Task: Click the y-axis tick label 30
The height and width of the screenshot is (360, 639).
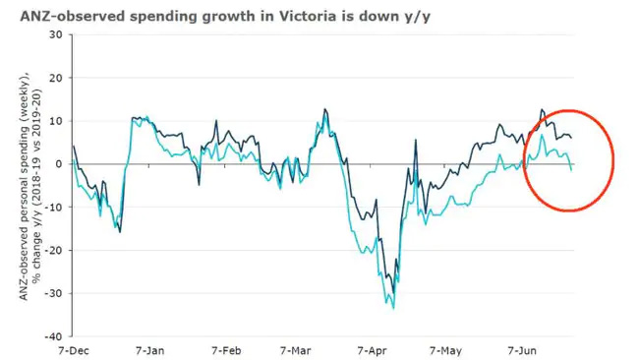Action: (55, 34)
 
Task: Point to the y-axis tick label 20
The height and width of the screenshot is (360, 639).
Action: (55, 78)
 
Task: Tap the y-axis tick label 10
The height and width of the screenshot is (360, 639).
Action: (55, 121)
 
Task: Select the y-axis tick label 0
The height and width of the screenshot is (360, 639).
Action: (58, 164)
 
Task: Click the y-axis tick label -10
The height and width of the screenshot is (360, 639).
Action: (53, 207)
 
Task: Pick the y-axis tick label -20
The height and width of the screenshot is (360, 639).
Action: (53, 250)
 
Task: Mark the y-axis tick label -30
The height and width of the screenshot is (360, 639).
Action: (53, 293)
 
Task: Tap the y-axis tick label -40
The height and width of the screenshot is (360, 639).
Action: (53, 335)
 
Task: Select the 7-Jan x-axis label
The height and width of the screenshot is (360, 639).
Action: (147, 350)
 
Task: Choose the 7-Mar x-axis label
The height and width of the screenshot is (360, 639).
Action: (296, 350)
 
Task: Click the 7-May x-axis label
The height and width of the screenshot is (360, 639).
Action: (445, 350)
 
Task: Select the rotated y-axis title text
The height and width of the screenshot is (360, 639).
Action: (31, 186)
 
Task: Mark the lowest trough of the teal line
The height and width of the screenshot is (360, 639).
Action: (394, 308)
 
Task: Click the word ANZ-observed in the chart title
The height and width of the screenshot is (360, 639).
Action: (65, 13)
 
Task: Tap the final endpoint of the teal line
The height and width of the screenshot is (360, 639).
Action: (572, 170)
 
